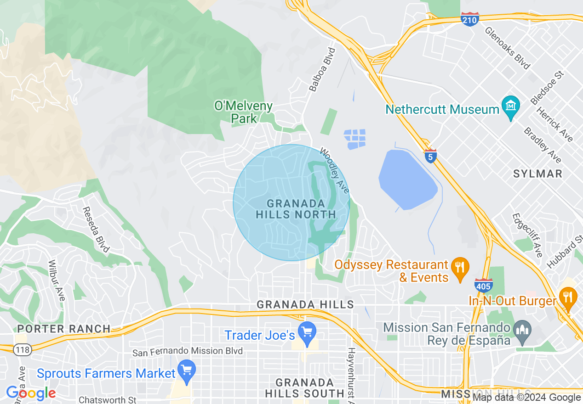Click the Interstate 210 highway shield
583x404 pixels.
[469, 20]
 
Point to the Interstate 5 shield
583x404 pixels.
[430, 156]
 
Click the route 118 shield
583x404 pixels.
[21, 350]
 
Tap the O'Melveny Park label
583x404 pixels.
[244, 112]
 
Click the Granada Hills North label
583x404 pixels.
[296, 209]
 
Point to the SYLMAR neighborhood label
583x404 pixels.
[538, 174]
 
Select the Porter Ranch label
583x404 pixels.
[64, 329]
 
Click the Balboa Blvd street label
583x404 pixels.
[322, 69]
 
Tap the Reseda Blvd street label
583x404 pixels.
[96, 229]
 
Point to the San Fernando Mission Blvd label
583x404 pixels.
[187, 352]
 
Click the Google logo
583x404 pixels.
[30, 393]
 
